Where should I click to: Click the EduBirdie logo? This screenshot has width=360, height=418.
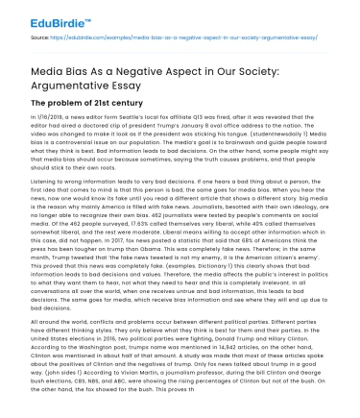[x=37, y=12]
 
